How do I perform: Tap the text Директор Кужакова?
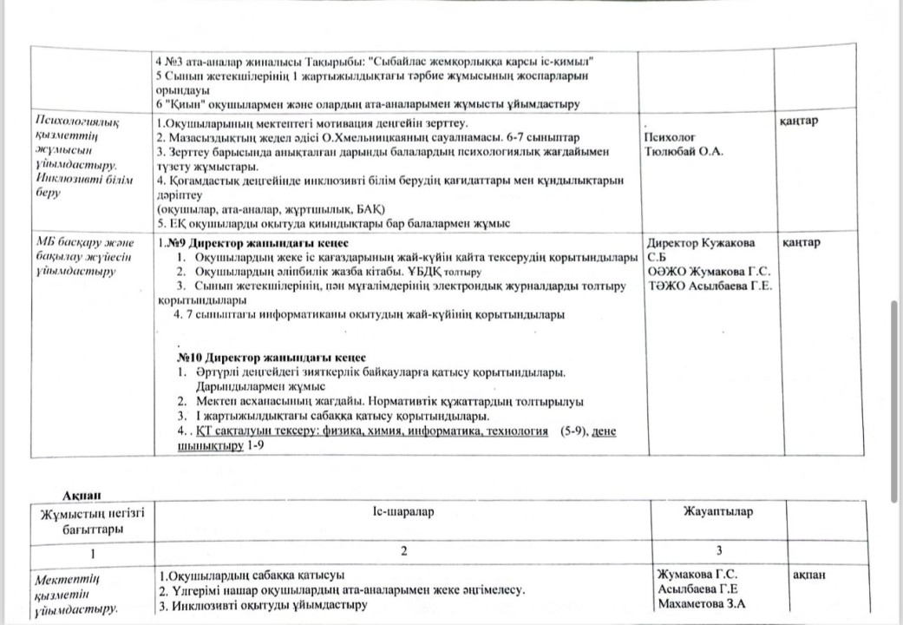pyautogui.click(x=701, y=243)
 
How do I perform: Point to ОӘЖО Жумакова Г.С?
pyautogui.click(x=709, y=272)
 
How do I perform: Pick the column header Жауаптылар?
pyautogui.click(x=718, y=511)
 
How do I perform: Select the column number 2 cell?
pyautogui.click(x=402, y=552)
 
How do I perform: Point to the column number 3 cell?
pyautogui.click(x=718, y=552)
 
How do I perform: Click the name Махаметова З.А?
pyautogui.click(x=702, y=603)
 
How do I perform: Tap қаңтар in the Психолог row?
pyautogui.click(x=799, y=120)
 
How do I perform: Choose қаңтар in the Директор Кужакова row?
pyautogui.click(x=801, y=242)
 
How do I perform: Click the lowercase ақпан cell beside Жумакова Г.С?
pyautogui.click(x=809, y=575)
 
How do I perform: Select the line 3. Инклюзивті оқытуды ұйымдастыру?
pyautogui.click(x=261, y=604)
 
